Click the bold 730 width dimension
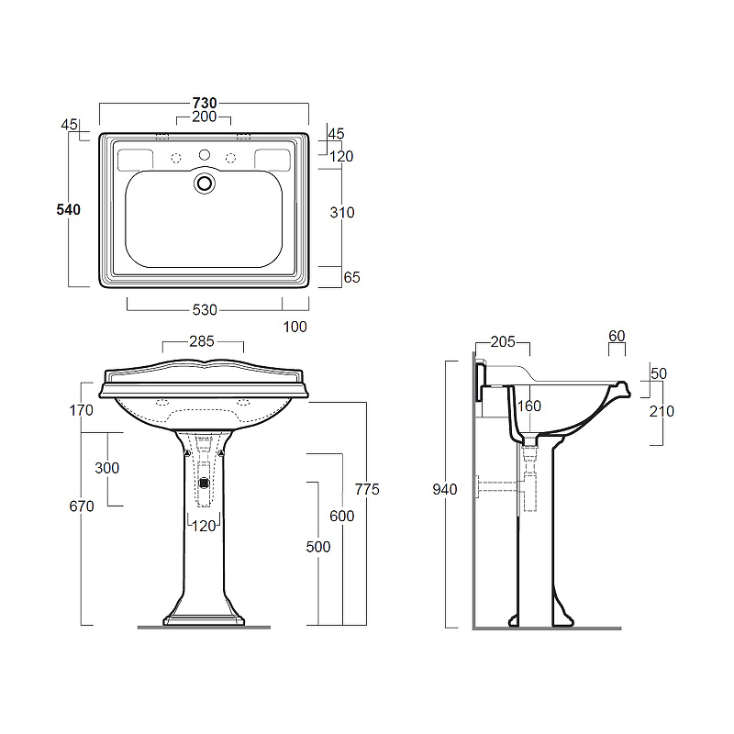(x=205, y=103)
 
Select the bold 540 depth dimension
(x=68, y=210)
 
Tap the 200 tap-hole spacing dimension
(x=204, y=117)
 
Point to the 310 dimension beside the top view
(x=341, y=213)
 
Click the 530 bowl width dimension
(x=205, y=310)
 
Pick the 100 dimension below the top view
(x=295, y=327)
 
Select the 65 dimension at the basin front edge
(x=351, y=278)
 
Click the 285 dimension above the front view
(x=202, y=341)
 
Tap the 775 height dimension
(x=366, y=489)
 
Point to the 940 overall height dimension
(x=445, y=490)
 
